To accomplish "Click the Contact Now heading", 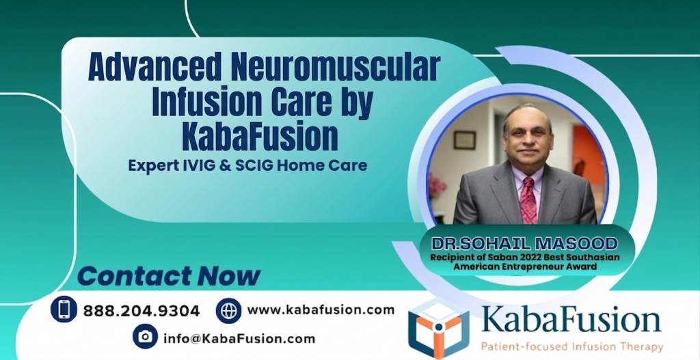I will click(169, 276).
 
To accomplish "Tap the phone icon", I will click(64, 309).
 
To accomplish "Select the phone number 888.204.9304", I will click(142, 311).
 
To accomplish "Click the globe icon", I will click(228, 310).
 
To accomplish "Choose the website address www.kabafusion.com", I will click(321, 310).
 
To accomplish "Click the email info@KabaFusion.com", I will click(239, 338).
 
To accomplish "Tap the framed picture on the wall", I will click(464, 139).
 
